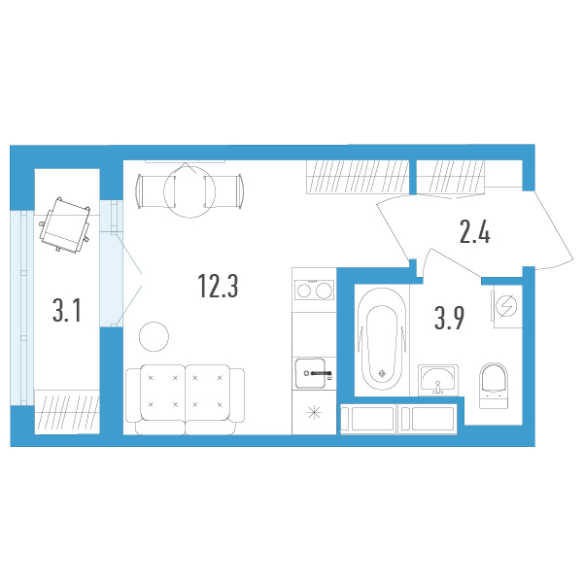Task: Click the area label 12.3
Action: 218,286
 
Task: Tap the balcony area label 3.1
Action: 67,311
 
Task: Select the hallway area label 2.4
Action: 474,232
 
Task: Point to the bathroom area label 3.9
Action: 449,319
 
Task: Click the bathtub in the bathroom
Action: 382,339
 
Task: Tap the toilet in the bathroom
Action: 494,385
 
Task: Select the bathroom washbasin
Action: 438,380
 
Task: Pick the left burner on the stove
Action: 304,291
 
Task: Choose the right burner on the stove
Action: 324,291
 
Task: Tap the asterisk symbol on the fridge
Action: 314,412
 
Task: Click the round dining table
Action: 189,191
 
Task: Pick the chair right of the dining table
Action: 223,191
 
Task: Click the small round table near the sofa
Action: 154,336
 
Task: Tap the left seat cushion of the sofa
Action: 162,392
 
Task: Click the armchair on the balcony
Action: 65,225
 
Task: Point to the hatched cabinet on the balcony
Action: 67,412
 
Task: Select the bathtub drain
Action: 382,373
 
